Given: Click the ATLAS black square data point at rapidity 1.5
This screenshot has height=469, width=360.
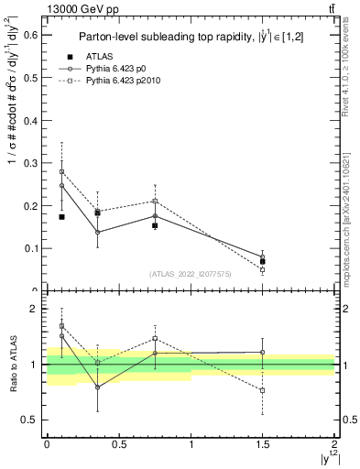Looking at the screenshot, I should coord(263,261).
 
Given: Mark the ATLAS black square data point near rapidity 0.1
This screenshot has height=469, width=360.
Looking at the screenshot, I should coord(61,217).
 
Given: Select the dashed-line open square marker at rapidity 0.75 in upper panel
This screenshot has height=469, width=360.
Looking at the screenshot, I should coord(155,201).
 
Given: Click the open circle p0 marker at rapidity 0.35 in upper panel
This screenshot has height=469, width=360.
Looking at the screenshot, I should coord(98,232).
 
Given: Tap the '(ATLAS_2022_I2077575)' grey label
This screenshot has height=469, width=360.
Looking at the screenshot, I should coord(191,274).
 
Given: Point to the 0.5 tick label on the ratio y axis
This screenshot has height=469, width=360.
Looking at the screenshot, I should coord(32,420).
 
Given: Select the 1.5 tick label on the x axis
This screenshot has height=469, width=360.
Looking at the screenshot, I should coord(263,444).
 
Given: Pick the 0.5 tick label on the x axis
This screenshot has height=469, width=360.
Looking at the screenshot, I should coord(119,444).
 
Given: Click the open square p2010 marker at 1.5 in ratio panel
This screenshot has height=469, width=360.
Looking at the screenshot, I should coord(263,390).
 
